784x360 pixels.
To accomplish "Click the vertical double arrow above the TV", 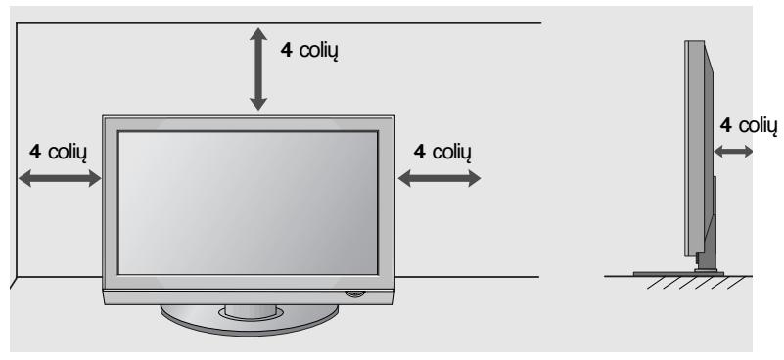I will [258, 67].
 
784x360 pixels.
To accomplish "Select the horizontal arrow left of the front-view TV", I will [60, 177].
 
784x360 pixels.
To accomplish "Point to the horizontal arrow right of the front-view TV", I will [439, 177].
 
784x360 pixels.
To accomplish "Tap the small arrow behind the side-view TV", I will [733, 151].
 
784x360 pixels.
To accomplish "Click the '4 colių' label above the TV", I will [308, 50].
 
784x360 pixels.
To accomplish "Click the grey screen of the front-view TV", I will [249, 202].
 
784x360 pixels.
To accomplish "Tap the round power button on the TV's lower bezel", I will [351, 292].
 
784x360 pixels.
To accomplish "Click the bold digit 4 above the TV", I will [285, 50].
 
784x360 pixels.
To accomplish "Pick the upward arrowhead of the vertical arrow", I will [258, 34].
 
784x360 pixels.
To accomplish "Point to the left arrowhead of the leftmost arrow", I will [23, 177].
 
